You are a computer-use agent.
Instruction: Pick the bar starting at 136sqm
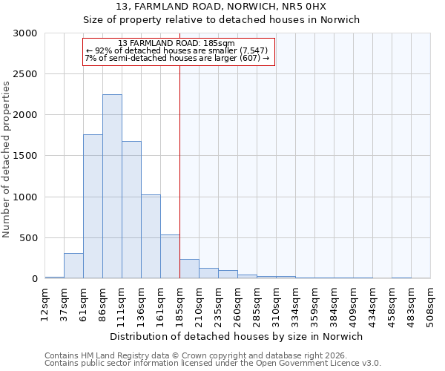pos(151,237)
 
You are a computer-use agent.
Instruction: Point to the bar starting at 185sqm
pos(189,269)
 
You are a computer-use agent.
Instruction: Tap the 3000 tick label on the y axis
pos(25,33)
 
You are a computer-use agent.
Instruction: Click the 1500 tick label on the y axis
pos(25,156)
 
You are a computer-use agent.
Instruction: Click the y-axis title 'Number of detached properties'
pos(7,160)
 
